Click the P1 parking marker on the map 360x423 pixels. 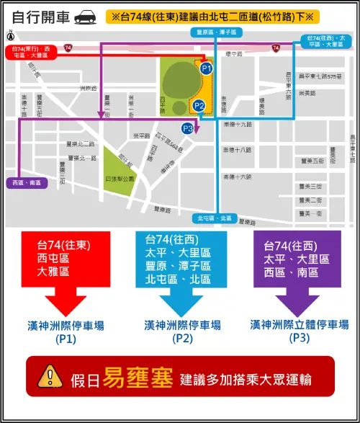[x=206, y=68]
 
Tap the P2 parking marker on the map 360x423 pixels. [x=200, y=107]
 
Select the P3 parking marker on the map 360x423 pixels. [x=189, y=128]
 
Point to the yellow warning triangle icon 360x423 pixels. [x=50, y=375]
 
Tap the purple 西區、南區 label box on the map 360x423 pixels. [x=27, y=183]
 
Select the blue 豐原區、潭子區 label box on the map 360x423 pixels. [x=215, y=33]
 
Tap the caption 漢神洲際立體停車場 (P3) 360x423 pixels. [x=299, y=331]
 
